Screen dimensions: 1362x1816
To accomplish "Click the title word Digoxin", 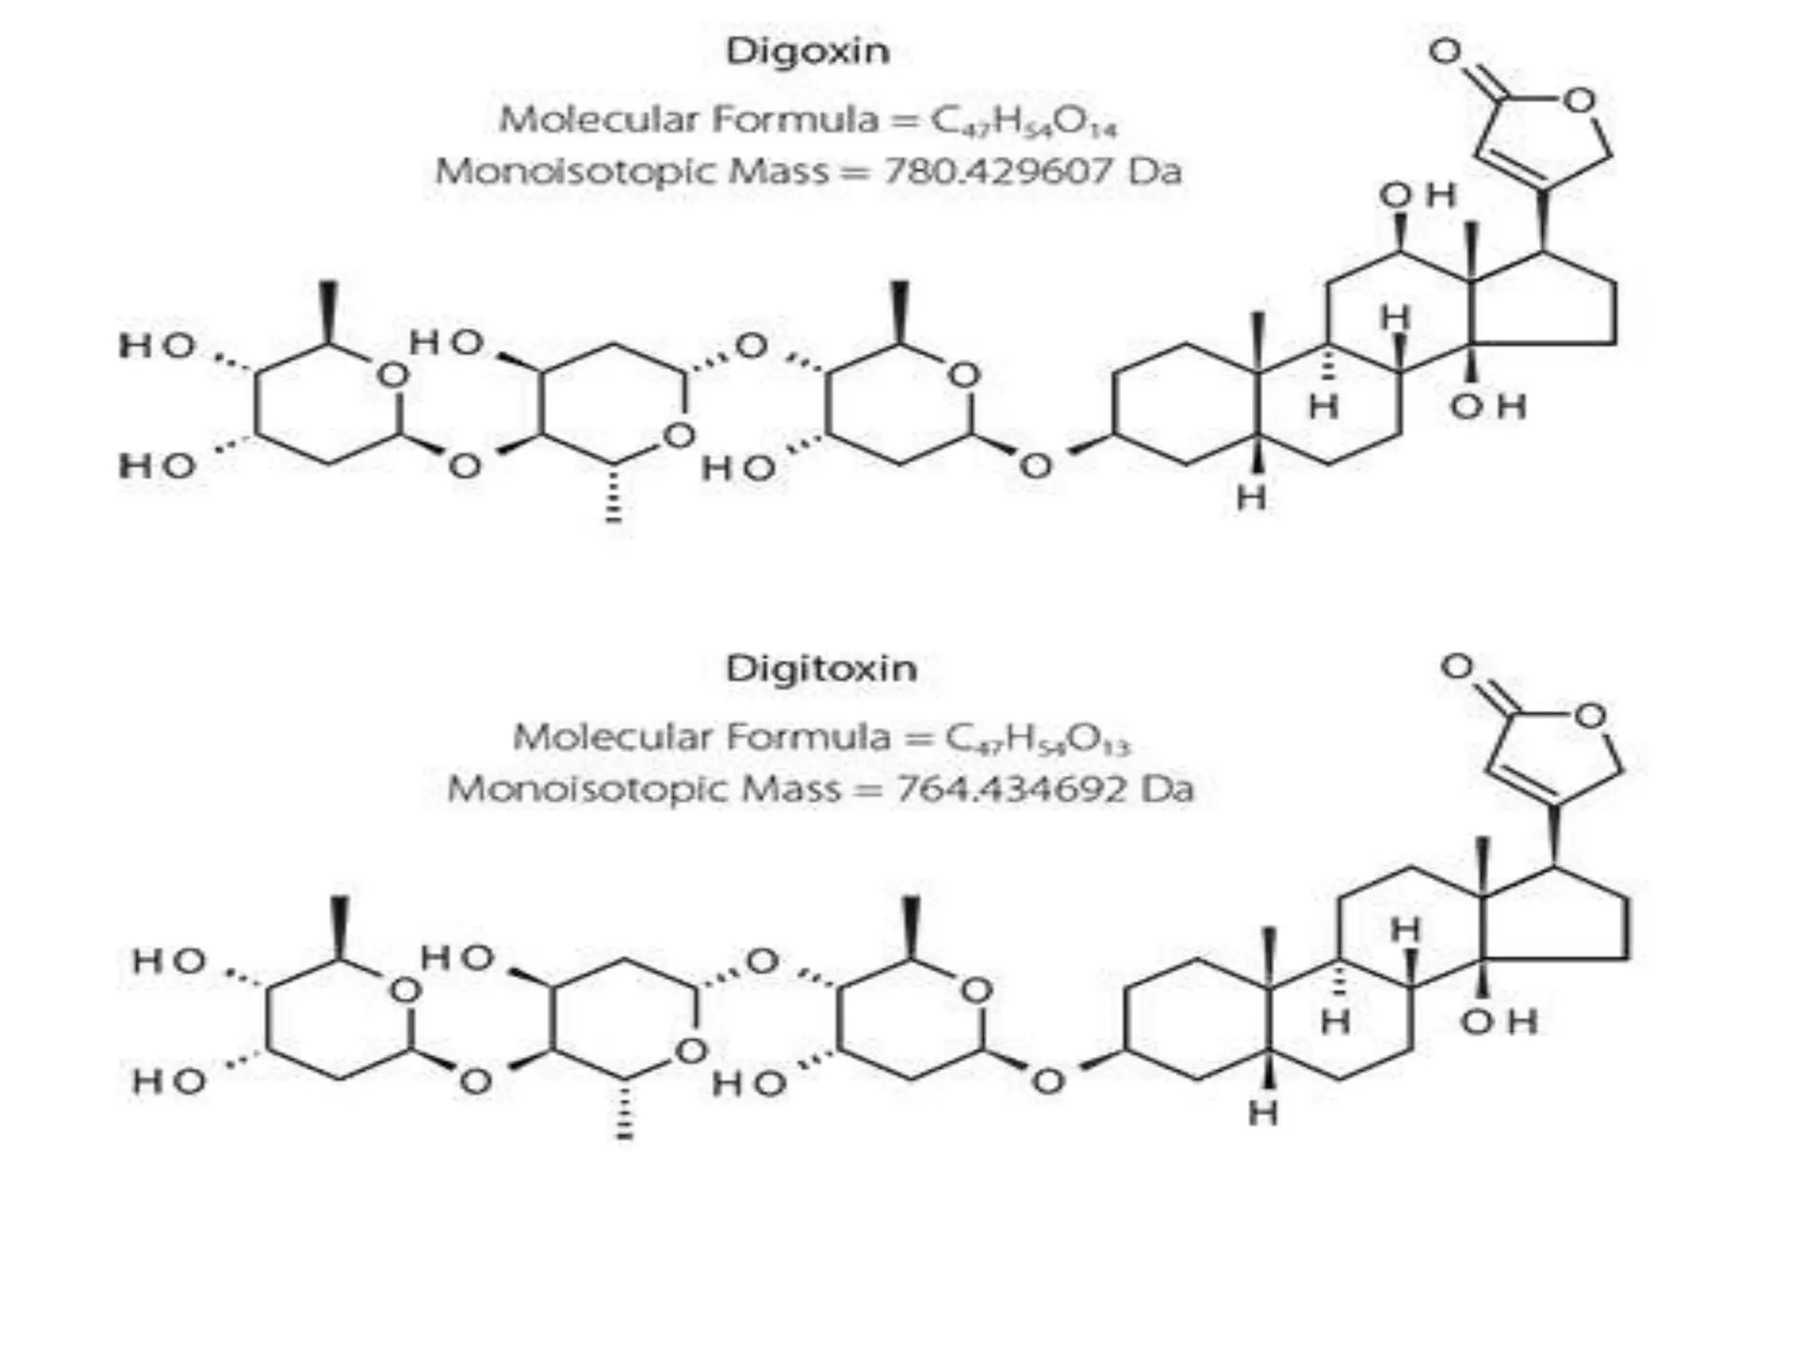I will point(808,51).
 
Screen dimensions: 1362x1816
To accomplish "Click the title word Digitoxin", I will point(821,668).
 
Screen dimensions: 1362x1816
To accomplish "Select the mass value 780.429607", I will point(997,170).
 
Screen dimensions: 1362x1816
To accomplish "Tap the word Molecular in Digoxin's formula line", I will point(598,119).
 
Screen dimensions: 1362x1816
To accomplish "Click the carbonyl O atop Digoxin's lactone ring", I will point(1445,51).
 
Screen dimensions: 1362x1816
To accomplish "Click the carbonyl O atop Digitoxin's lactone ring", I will point(1458,667).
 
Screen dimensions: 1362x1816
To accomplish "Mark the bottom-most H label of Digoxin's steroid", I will point(1251,498).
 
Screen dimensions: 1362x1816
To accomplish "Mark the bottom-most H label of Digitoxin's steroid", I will point(1263,1114).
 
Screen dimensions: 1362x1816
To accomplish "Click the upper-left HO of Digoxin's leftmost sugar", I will point(157,346).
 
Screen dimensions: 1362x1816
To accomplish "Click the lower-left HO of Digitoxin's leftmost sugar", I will point(168,1081).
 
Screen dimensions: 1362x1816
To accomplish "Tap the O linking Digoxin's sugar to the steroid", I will point(1036,465).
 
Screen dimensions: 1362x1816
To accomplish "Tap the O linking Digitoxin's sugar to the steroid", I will point(1048,1081).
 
